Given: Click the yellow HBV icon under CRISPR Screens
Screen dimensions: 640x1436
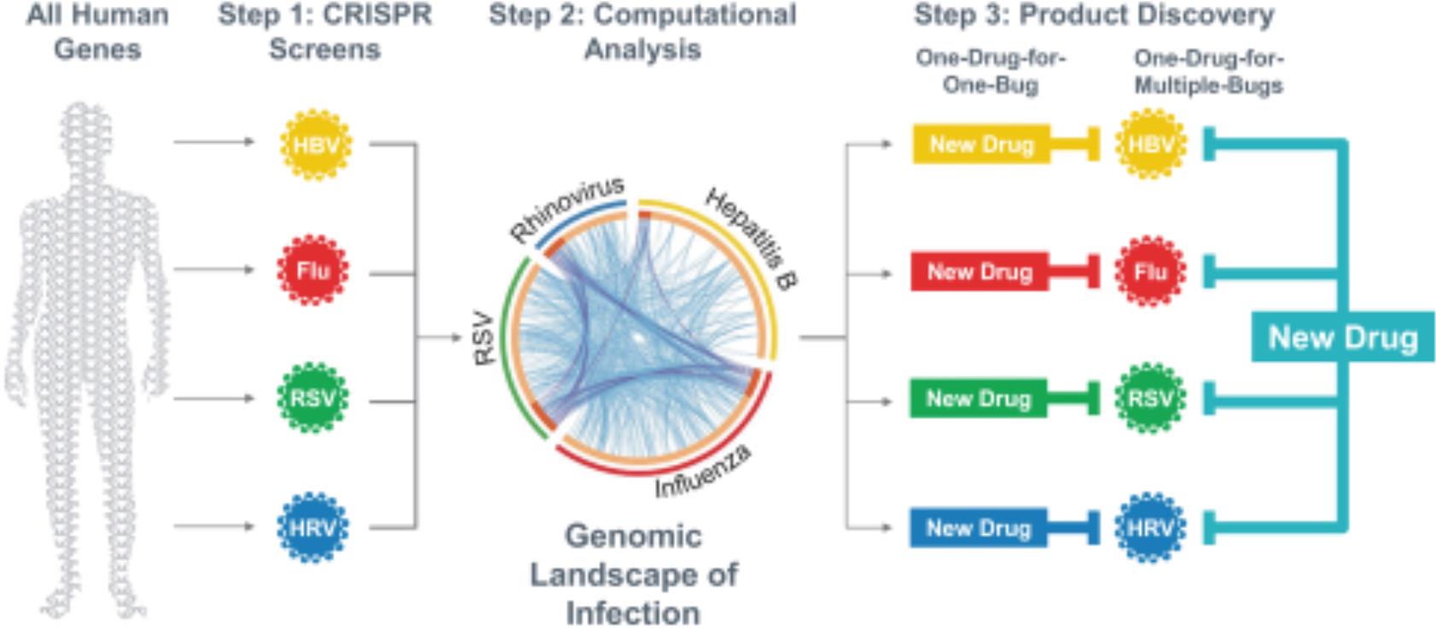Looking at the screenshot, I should [x=316, y=145].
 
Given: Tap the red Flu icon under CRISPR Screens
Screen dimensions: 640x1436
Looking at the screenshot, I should [x=313, y=271].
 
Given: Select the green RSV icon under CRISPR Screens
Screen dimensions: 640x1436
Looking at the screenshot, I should [x=313, y=399].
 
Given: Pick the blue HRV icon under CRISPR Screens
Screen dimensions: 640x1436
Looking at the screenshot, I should [x=313, y=527].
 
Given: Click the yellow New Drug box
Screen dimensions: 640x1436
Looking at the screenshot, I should [x=981, y=144].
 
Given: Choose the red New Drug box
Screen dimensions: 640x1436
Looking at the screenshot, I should [x=980, y=272].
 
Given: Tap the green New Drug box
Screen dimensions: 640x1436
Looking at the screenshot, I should [x=979, y=399].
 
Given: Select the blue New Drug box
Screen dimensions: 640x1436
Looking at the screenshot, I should [x=979, y=527].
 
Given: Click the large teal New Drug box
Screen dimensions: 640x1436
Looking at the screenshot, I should [x=1343, y=337].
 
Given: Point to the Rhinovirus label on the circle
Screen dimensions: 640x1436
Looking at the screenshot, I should [x=567, y=209].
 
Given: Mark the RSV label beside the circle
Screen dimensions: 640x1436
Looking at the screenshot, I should [x=485, y=339].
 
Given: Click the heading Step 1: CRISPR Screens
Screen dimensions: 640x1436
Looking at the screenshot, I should [x=325, y=32].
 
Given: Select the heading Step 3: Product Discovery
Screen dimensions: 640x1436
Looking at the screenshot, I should [x=1094, y=15].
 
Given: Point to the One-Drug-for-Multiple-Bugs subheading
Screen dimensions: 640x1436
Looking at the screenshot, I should [x=1208, y=72].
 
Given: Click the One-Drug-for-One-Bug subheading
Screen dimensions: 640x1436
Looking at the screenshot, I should [x=991, y=72].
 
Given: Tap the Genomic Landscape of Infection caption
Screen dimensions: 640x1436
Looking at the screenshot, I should [x=633, y=574].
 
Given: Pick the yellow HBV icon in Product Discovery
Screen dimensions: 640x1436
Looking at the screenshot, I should [x=1150, y=144].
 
